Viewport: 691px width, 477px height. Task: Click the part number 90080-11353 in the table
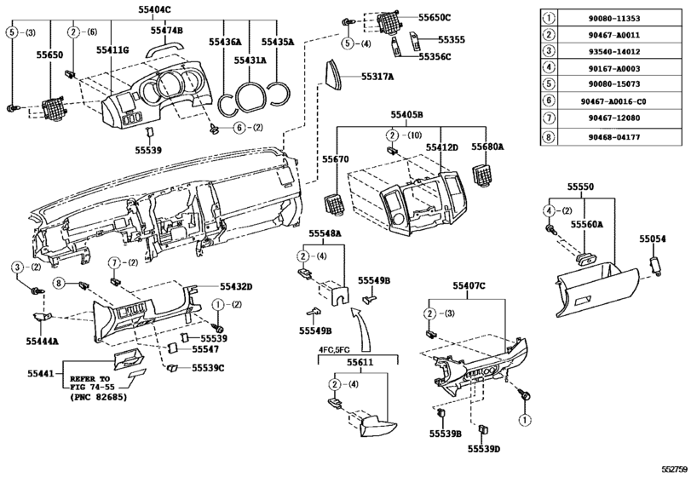[619, 19]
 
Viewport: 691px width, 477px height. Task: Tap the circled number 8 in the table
[549, 137]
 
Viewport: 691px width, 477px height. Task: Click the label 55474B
[167, 30]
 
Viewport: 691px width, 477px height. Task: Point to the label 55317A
[377, 77]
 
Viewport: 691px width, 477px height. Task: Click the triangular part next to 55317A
[334, 73]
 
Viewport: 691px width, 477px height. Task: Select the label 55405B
[406, 115]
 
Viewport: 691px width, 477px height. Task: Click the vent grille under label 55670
[336, 204]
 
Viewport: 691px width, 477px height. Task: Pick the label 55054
[653, 239]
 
